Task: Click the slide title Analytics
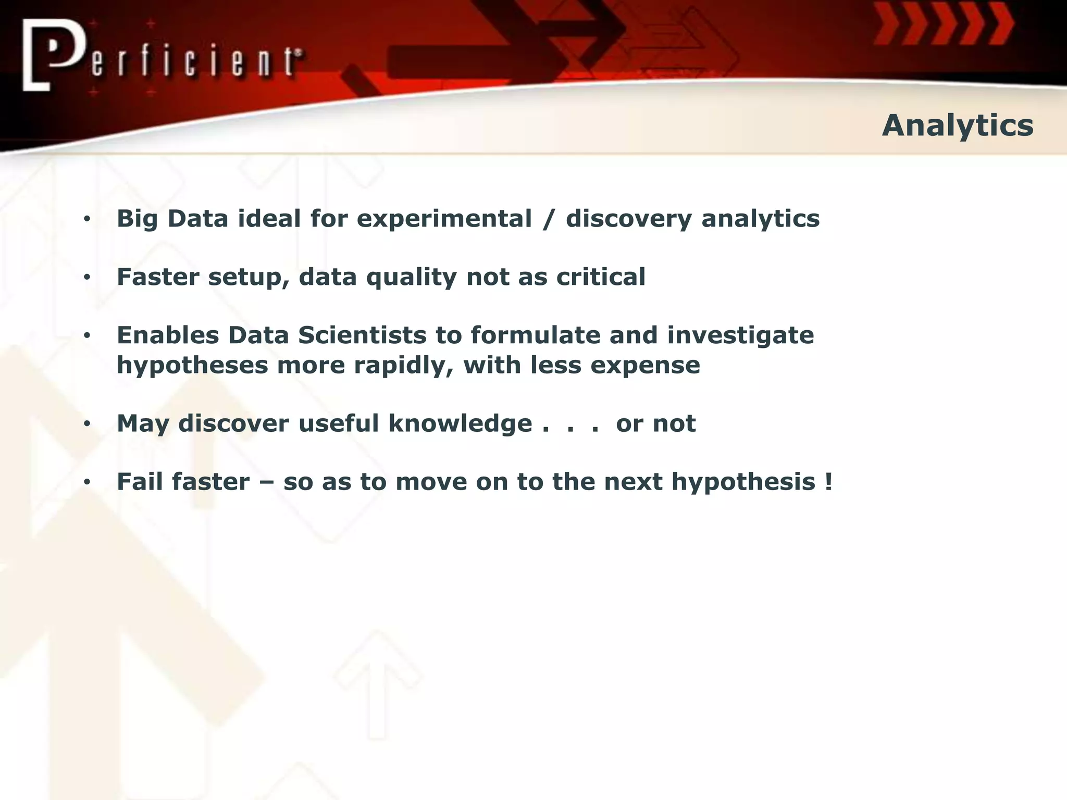[x=958, y=126]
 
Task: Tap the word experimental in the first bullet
[x=444, y=218]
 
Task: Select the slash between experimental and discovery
[x=548, y=218]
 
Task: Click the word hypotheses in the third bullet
[x=192, y=366]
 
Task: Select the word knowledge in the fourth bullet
[x=460, y=423]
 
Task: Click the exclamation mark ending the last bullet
[x=829, y=482]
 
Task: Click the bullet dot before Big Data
[x=87, y=219]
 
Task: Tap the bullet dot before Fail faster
[x=87, y=483]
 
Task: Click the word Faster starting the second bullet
[x=158, y=277]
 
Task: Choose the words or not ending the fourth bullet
[x=655, y=423]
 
